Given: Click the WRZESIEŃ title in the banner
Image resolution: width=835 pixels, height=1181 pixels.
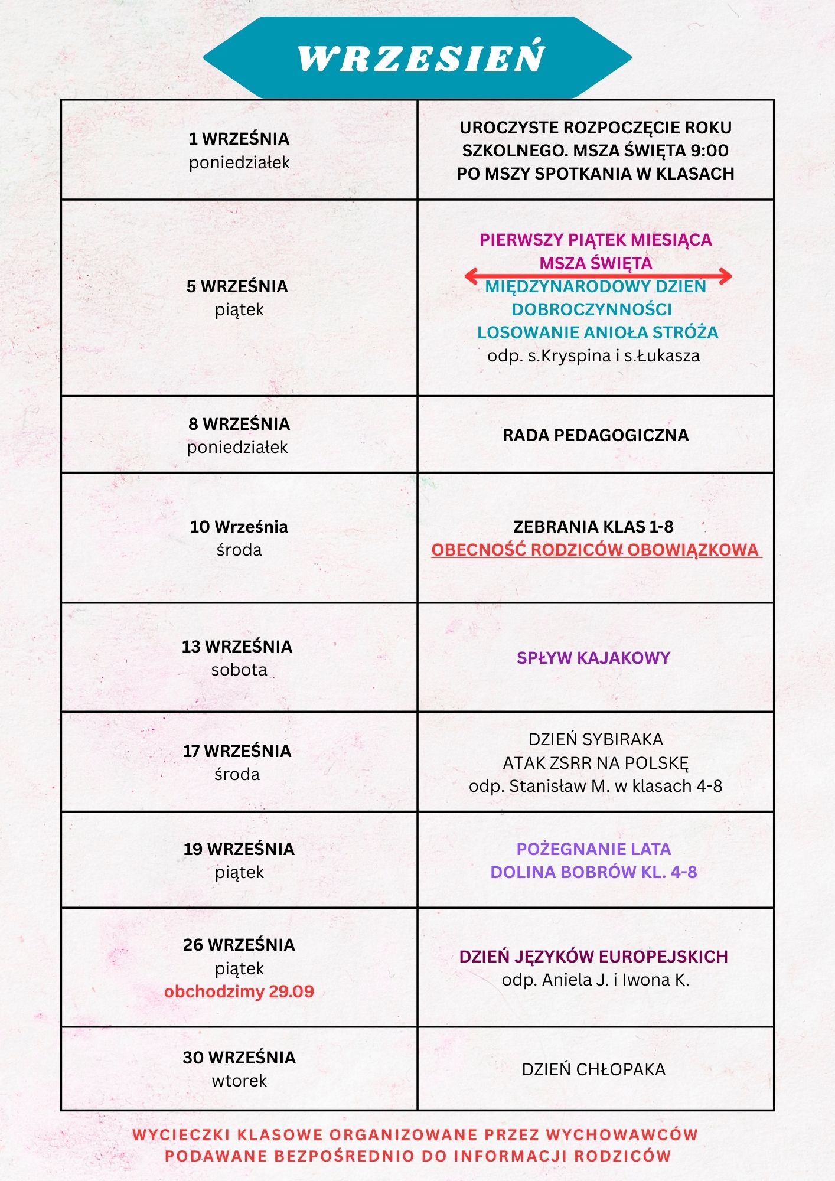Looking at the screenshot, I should pos(421,58).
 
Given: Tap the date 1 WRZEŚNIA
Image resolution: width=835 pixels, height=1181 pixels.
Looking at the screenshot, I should pos(239,139).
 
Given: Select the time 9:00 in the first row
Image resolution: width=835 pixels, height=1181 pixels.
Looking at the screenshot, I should pos(709,151).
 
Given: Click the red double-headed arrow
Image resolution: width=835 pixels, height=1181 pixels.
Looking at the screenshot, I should pos(598,276).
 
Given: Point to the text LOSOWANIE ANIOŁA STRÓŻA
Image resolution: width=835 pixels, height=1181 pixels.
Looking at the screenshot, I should pos(598,332).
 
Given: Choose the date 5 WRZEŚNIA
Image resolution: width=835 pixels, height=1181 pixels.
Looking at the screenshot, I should pos(237,286).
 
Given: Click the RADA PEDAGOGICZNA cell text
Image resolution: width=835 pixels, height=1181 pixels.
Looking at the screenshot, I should pos(595,435).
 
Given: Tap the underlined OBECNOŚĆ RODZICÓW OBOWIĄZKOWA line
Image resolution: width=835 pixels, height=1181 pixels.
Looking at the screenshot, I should pos(595,550).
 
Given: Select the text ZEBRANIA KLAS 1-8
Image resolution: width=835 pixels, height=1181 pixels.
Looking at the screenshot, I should pos(593,526).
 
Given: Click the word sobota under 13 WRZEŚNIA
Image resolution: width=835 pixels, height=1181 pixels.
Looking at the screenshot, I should pos(239,670).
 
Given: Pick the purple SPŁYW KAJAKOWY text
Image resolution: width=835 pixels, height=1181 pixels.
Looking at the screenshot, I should pos(593,658).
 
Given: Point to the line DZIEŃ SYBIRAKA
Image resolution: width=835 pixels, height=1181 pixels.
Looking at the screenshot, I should pos(595,739).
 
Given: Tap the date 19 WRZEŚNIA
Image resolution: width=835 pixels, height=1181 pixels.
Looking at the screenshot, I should pos(239,849).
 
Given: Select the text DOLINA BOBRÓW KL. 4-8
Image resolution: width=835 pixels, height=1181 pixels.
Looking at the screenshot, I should pos(593,872).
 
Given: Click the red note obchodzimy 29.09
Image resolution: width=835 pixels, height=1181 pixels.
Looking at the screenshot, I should pos(239,991).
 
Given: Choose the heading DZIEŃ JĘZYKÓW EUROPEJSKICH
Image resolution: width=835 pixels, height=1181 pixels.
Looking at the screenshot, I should pos(593,957).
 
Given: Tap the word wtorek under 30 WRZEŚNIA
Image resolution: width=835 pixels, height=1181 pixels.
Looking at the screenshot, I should pos(239,1081).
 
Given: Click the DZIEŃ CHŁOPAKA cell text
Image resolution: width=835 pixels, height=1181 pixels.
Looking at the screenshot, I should pos(593,1069).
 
